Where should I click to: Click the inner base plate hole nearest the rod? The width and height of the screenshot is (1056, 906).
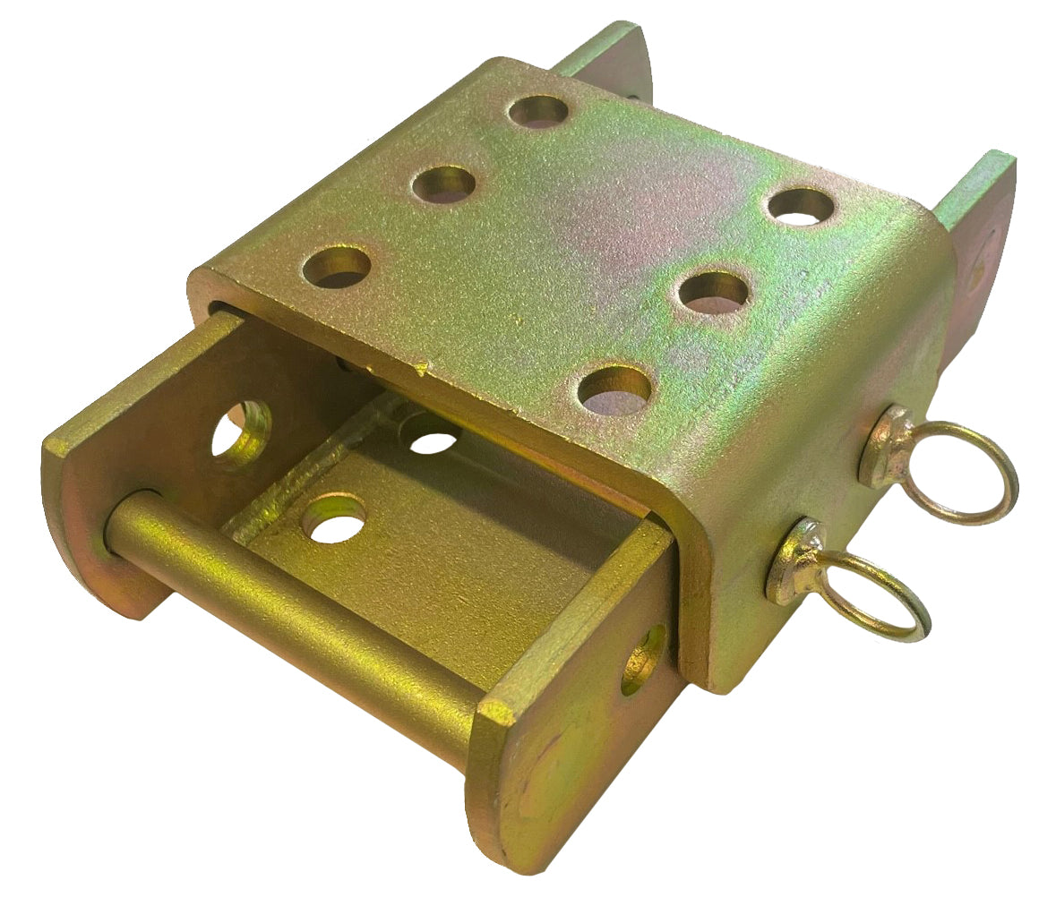333,517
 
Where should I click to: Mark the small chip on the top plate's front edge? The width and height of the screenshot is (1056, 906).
420,368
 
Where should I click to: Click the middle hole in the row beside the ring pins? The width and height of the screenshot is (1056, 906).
714,293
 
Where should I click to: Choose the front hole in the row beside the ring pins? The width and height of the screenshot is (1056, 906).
614,390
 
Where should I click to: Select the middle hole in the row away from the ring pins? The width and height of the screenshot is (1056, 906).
443,184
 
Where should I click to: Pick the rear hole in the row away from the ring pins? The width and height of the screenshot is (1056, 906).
537,113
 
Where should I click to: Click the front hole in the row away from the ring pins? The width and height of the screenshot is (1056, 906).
336,266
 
